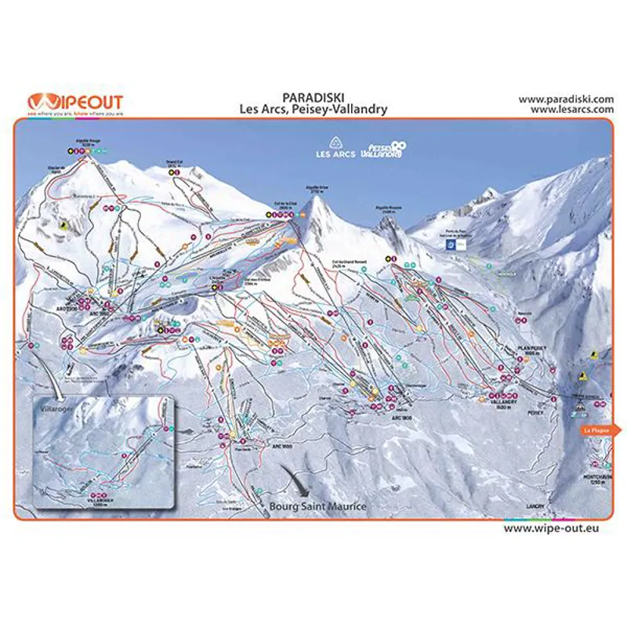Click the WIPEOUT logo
[x=75, y=103]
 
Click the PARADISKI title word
[x=313, y=99]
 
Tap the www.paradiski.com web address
[x=565, y=100]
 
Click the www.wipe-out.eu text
[x=557, y=528]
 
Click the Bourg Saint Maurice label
[x=317, y=506]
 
